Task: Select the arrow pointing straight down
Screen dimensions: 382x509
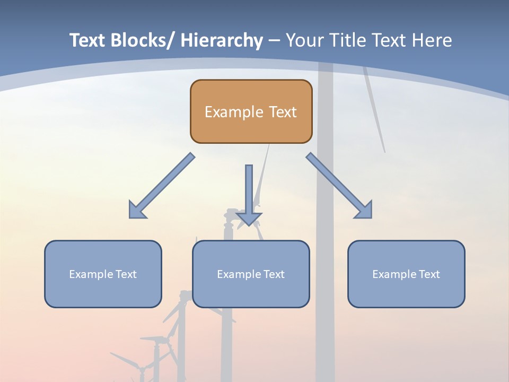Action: click(249, 191)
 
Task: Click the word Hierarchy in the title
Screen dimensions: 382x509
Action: click(222, 40)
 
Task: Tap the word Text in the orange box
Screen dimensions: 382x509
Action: click(282, 112)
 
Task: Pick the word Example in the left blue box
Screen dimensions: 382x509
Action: click(91, 274)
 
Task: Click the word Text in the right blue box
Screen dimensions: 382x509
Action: click(429, 274)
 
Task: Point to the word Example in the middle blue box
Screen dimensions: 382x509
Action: click(239, 274)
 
